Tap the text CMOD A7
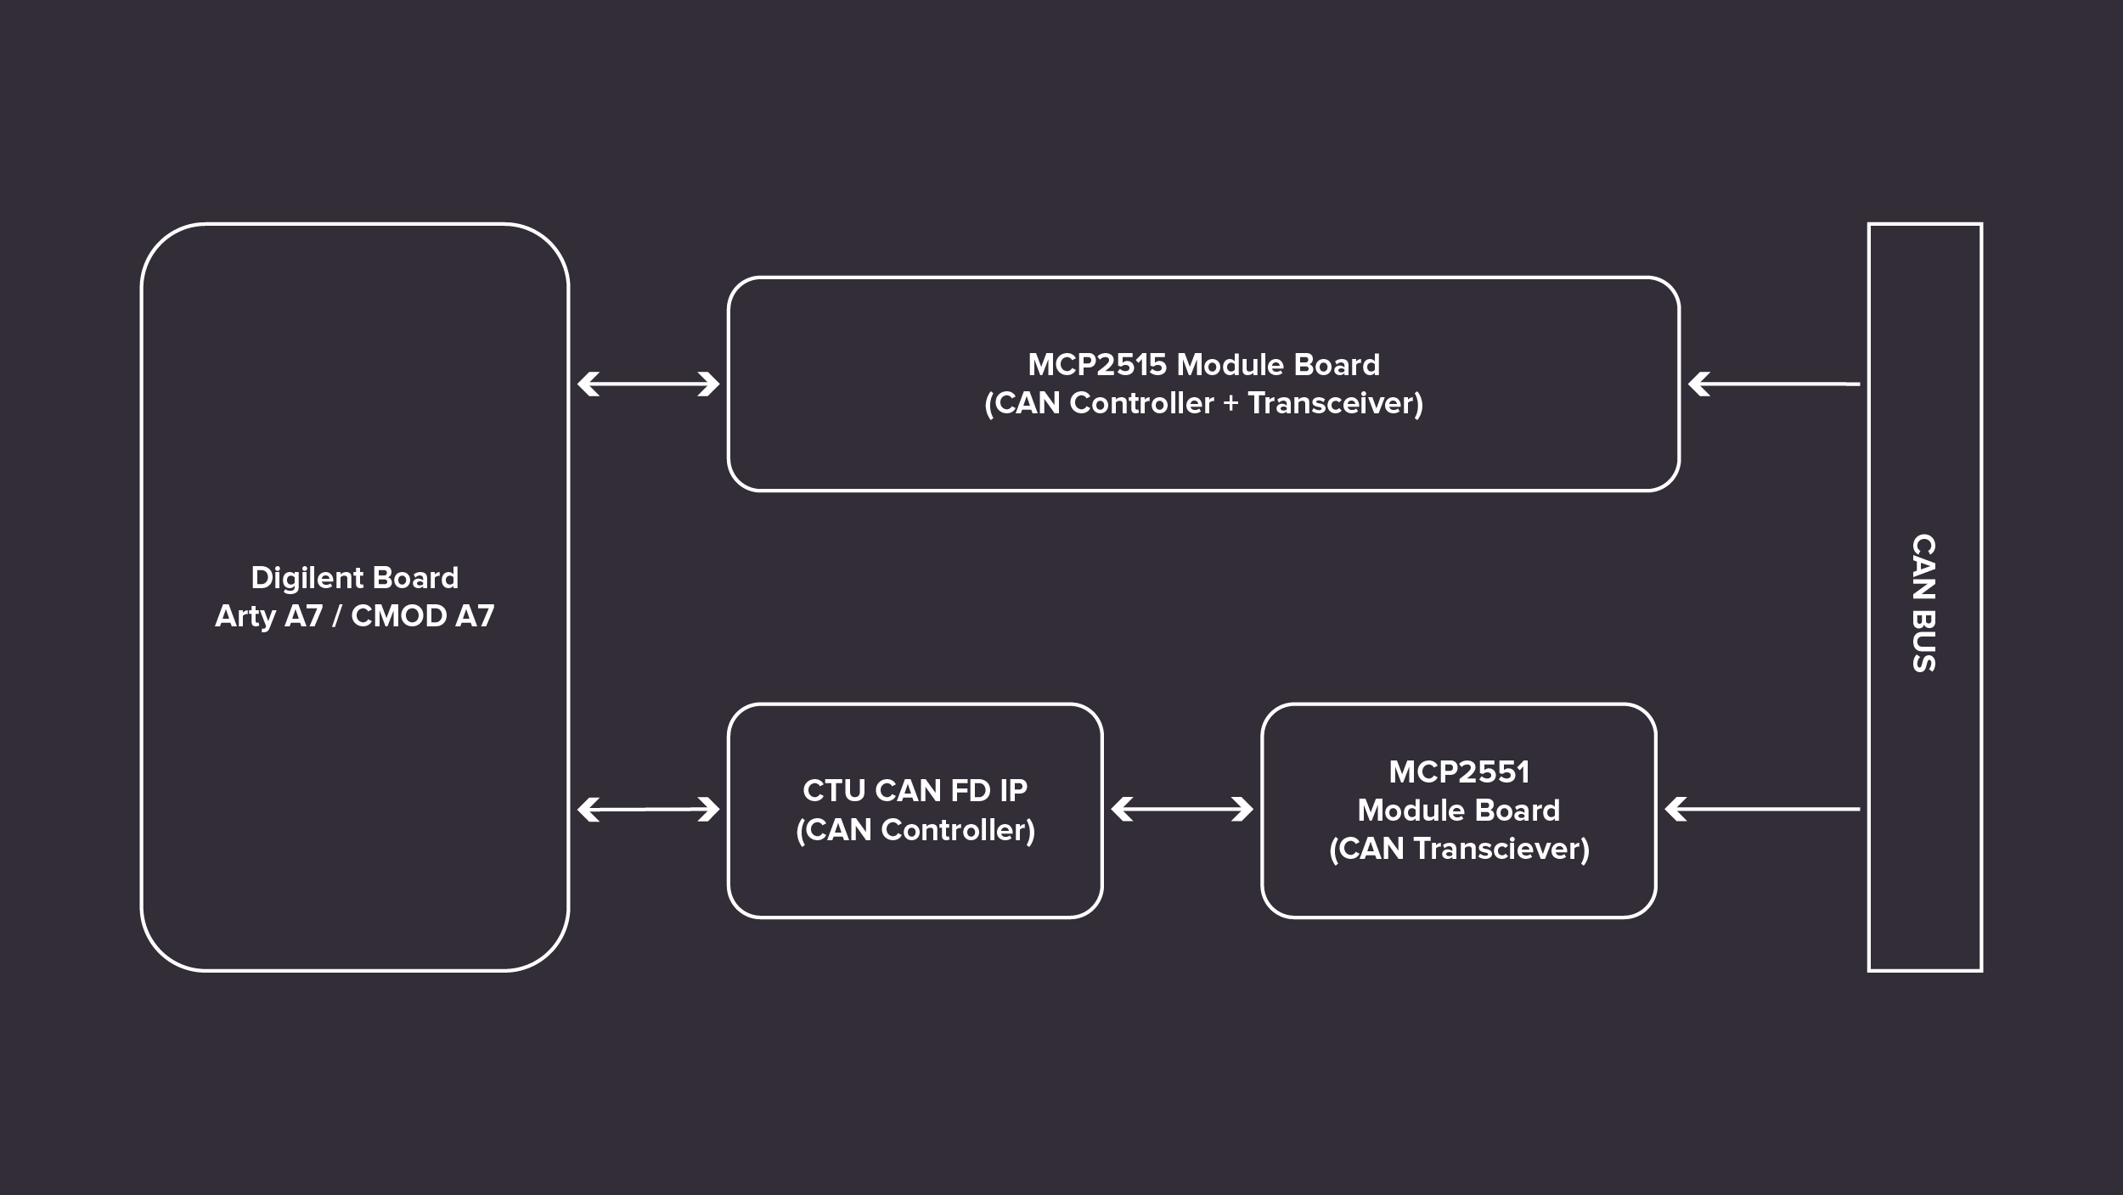coord(422,616)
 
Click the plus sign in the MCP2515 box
coord(1230,404)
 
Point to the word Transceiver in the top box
coord(1335,404)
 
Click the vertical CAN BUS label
coord(1923,603)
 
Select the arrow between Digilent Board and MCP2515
coord(648,384)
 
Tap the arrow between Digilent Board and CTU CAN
coord(648,810)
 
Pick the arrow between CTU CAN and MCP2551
coord(1181,810)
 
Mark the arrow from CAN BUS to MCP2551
coord(1761,810)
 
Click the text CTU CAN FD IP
coord(915,791)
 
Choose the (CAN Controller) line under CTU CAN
coord(915,830)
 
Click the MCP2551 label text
coord(1458,772)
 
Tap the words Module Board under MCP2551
coord(1458,811)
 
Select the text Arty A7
coord(268,616)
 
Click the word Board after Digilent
coord(415,579)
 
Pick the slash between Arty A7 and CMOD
coord(336,616)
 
